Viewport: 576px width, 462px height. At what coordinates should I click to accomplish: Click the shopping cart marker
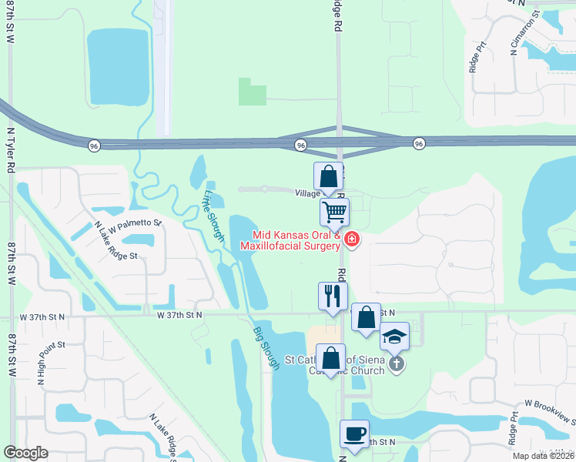click(x=334, y=212)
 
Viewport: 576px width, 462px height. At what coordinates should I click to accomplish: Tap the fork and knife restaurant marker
click(x=333, y=296)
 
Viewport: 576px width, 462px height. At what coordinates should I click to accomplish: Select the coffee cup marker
click(x=354, y=434)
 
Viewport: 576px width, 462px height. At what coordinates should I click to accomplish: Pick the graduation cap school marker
click(x=395, y=336)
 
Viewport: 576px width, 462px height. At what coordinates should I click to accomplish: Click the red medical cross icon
click(x=352, y=240)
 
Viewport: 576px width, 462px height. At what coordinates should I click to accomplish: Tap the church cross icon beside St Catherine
click(x=396, y=364)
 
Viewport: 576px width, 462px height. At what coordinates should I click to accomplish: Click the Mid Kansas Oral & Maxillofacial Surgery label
click(x=290, y=240)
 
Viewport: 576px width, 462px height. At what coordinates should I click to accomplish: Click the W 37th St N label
click(x=179, y=314)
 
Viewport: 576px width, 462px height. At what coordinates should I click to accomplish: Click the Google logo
click(x=26, y=453)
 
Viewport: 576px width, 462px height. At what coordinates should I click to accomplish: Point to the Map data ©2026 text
click(x=544, y=456)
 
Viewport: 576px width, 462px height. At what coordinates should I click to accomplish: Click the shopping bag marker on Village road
click(x=329, y=176)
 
